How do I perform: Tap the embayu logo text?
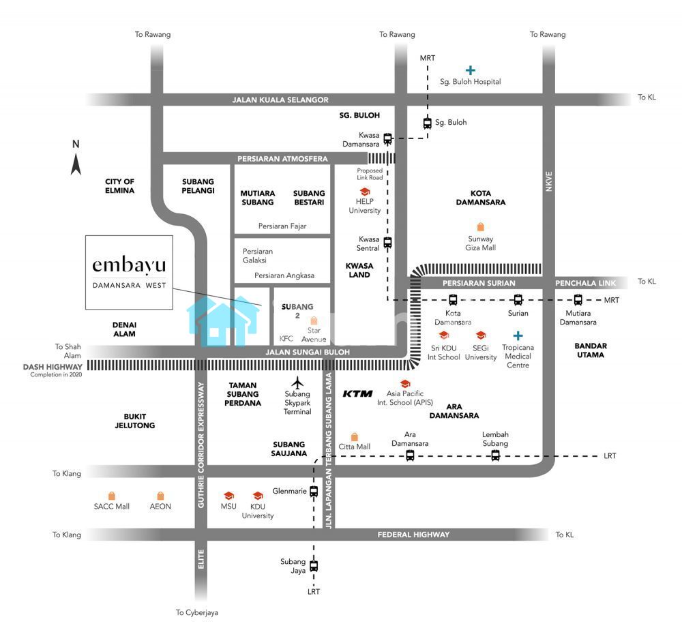129,264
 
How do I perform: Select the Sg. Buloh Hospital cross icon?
470,70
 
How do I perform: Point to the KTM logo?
358,393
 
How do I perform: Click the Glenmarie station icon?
314,491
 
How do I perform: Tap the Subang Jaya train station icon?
314,565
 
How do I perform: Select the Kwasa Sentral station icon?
387,242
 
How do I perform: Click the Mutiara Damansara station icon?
578,299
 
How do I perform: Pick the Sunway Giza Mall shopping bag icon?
481,227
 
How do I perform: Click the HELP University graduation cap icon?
364,192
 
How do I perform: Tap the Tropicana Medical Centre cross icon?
518,335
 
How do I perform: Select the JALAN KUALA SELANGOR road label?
280,100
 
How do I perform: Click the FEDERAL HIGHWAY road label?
413,535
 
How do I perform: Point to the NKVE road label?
550,181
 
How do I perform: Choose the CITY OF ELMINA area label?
120,186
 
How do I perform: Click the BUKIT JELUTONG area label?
139,421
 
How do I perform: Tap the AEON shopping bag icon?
160,496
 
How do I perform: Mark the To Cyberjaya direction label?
196,612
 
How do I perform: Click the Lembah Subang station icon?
495,455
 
